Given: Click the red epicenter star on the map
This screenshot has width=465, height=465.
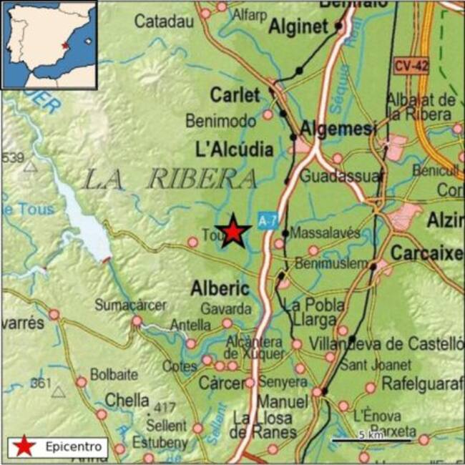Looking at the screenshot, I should pyautogui.click(x=233, y=232).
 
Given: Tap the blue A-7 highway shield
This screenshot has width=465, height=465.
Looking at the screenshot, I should pyautogui.click(x=267, y=221).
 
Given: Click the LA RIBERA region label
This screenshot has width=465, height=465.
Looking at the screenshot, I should pyautogui.click(x=170, y=179).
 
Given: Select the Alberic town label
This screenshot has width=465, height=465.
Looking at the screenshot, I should pyautogui.click(x=220, y=288).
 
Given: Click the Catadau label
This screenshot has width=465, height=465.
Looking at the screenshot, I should pyautogui.click(x=165, y=21).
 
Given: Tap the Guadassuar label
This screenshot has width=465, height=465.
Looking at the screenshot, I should pyautogui.click(x=341, y=176).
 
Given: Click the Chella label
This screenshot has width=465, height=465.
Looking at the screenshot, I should pyautogui.click(x=127, y=400).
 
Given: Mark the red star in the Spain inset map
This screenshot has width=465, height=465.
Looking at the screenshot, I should pyautogui.click(x=65, y=45).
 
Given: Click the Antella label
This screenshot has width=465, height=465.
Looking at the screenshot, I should pyautogui.click(x=190, y=325).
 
